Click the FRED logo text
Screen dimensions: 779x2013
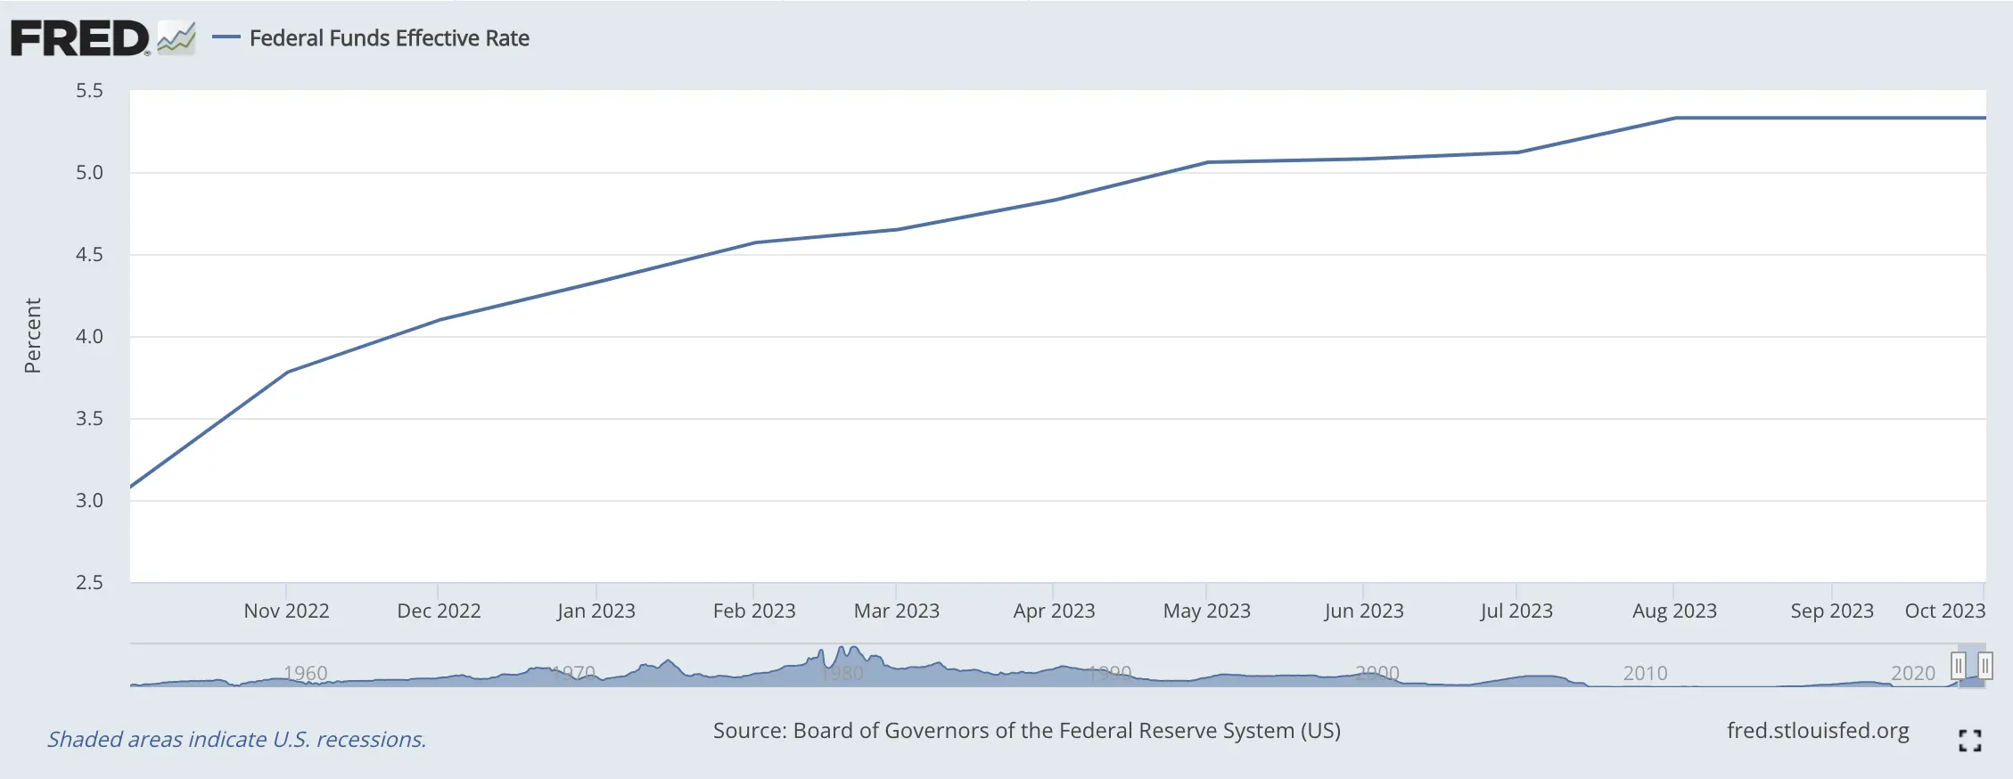click(x=79, y=38)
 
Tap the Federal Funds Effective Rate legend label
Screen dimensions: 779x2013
click(x=389, y=38)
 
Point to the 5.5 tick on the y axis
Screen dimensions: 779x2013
click(x=89, y=90)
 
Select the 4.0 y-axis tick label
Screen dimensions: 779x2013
click(x=89, y=336)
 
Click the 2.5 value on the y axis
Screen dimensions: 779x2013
click(x=89, y=582)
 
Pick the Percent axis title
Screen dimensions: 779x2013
click(x=33, y=335)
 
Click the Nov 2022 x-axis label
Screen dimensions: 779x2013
click(x=286, y=611)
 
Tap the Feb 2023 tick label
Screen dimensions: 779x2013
click(x=754, y=611)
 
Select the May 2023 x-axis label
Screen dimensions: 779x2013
click(x=1206, y=611)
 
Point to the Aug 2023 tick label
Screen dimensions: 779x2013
click(x=1674, y=611)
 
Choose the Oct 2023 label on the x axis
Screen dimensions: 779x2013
click(x=1944, y=611)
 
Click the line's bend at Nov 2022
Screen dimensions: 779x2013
click(x=287, y=372)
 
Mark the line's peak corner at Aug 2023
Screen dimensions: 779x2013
click(x=1675, y=118)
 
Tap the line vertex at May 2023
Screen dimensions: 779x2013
click(x=1207, y=162)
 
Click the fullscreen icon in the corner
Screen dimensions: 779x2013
click(x=1969, y=740)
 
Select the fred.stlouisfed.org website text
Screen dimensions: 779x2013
click(x=1818, y=731)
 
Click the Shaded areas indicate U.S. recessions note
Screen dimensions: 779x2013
click(x=236, y=739)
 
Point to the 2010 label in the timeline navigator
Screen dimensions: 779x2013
click(x=1645, y=673)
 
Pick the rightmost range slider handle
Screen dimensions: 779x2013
click(x=1985, y=666)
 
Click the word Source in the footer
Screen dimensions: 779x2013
click(x=748, y=731)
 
